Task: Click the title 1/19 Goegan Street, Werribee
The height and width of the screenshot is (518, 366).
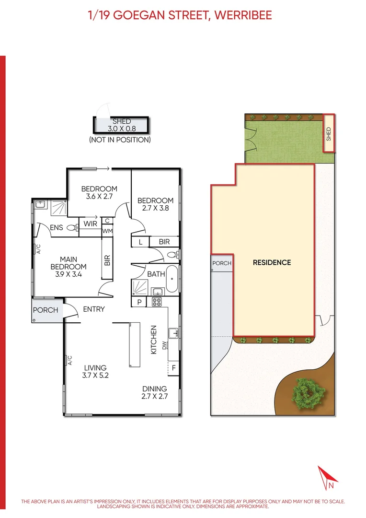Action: click(x=180, y=15)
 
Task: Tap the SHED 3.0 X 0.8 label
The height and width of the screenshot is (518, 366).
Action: click(x=121, y=125)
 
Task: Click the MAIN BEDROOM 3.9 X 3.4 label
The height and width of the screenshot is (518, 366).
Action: click(x=69, y=263)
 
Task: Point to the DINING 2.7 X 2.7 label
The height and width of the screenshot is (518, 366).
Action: click(x=154, y=392)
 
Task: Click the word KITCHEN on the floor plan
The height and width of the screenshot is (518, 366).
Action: click(x=154, y=340)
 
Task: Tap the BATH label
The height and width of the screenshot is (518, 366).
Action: click(x=156, y=274)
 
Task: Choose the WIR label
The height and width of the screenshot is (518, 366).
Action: click(x=91, y=224)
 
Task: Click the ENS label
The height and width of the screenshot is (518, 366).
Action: click(x=57, y=227)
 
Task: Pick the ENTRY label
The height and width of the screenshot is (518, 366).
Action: click(x=94, y=309)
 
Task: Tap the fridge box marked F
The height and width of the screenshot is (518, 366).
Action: click(x=173, y=368)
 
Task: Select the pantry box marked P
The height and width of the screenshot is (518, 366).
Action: click(x=139, y=302)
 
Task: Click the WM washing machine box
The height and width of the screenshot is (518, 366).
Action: click(x=107, y=231)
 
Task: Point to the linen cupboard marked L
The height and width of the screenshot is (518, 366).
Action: click(x=140, y=242)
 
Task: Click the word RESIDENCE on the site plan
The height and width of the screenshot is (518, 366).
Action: click(x=272, y=262)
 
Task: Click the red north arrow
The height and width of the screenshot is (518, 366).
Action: click(x=328, y=477)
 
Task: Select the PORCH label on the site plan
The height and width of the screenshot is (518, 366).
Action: click(x=222, y=263)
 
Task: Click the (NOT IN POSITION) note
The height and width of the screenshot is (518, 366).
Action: click(x=120, y=140)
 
